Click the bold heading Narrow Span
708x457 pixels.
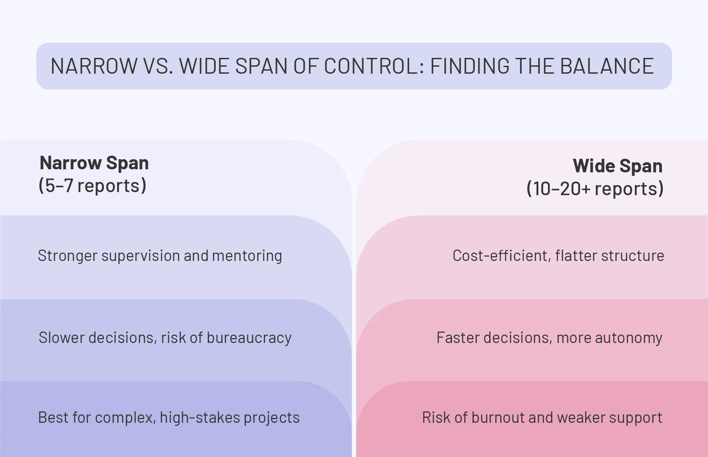[x=94, y=163]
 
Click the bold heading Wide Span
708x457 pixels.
[x=617, y=166]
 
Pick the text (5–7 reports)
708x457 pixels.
[x=93, y=186]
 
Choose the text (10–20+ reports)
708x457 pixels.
[x=595, y=189]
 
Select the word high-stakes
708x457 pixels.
[x=200, y=418]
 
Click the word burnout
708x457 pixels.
[x=498, y=418]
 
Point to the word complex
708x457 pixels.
[x=125, y=418]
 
